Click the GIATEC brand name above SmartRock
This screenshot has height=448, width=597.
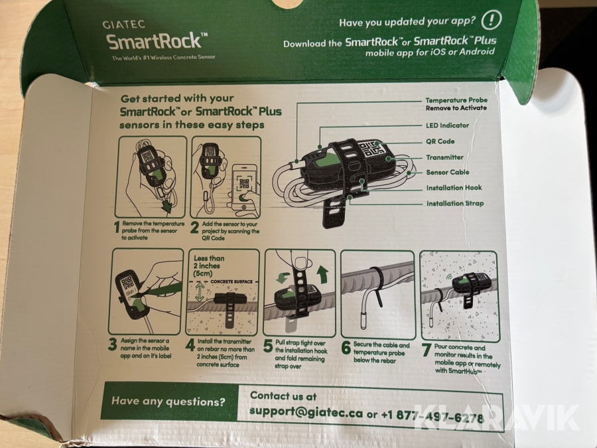(124, 25)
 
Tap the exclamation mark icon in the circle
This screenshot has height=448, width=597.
(491, 20)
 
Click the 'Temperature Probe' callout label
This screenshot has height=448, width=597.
(456, 100)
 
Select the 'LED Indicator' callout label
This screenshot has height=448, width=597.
(447, 125)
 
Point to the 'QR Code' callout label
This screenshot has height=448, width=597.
(440, 141)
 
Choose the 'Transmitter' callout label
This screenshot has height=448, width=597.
(444, 157)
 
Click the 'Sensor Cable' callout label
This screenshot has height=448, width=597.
(447, 172)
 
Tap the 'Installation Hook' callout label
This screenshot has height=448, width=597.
(454, 188)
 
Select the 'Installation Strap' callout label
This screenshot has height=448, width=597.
(455, 204)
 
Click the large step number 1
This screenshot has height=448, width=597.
(117, 227)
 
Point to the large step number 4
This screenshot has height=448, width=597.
(190, 345)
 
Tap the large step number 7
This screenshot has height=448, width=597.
(427, 350)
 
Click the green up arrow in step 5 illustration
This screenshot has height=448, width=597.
(323, 275)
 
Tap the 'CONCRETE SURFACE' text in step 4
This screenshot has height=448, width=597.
(232, 281)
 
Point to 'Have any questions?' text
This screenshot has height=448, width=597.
(168, 402)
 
